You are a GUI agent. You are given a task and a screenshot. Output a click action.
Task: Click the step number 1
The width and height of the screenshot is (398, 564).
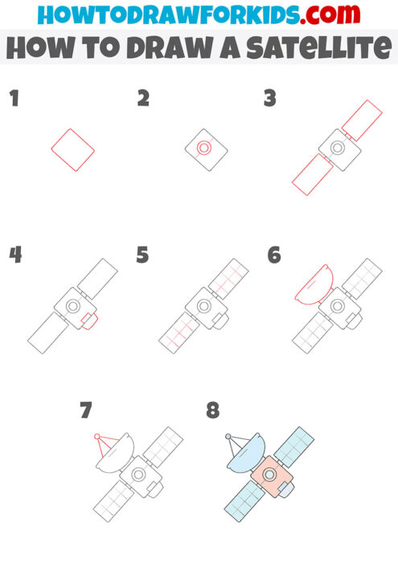tap(13, 99)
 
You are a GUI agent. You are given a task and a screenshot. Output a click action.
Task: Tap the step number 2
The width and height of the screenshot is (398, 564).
tap(143, 99)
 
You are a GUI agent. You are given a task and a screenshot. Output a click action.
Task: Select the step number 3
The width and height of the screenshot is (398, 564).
tap(270, 99)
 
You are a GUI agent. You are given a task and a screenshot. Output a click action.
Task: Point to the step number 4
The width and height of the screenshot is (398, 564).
tap(14, 255)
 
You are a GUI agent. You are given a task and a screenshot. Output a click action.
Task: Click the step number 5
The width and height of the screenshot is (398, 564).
tap(142, 255)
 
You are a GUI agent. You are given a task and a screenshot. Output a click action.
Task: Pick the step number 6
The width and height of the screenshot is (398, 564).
tap(274, 255)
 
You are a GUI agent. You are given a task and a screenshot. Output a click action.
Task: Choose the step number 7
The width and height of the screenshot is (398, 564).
tap(86, 411)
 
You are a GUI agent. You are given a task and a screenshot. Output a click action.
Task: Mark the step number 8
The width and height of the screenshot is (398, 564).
tap(212, 411)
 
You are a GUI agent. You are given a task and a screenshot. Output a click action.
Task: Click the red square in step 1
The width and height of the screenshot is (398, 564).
tap(72, 149)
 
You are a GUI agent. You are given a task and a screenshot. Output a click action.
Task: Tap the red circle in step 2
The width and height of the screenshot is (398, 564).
tap(204, 148)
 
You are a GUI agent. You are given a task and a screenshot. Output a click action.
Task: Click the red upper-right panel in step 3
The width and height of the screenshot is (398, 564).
tap(362, 118)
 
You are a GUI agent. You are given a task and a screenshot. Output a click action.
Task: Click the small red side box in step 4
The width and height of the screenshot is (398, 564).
tap(90, 322)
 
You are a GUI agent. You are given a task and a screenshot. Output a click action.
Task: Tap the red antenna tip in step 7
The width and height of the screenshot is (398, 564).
tap(97, 438)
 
